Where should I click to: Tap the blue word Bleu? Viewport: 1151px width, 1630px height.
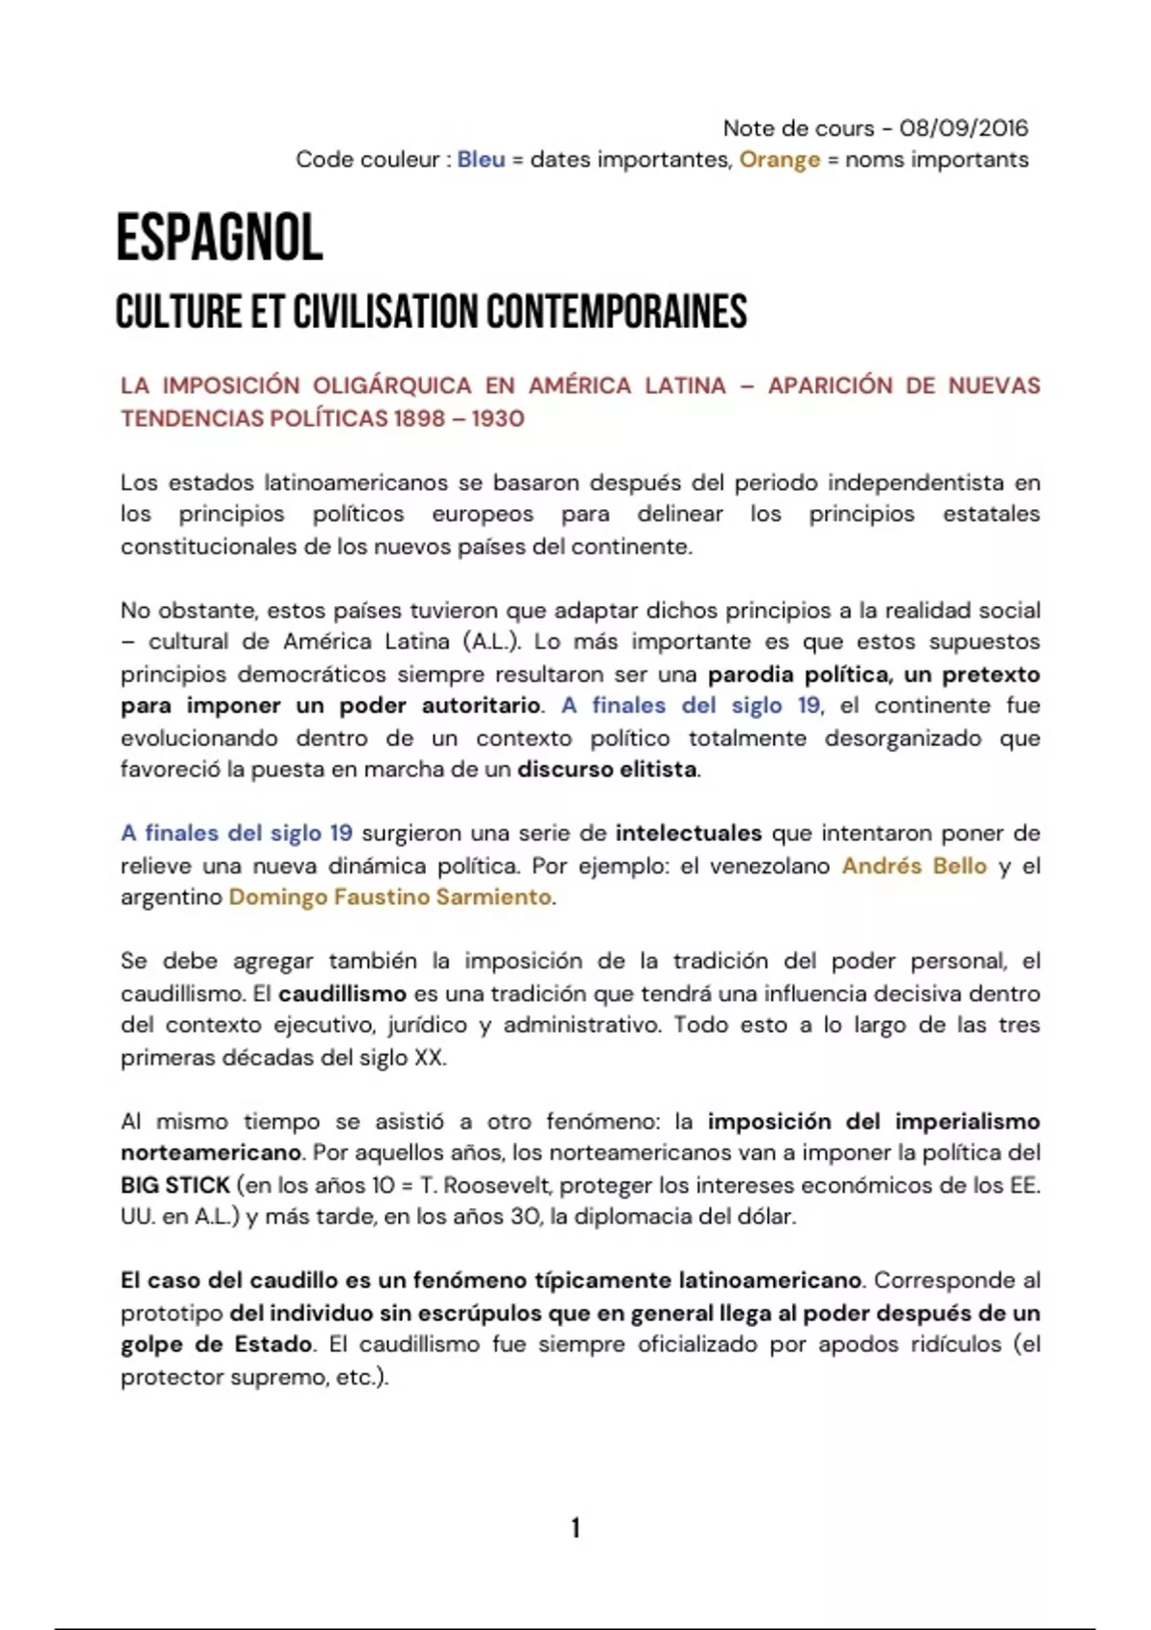click(481, 159)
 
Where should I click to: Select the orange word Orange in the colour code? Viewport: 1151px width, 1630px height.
click(779, 159)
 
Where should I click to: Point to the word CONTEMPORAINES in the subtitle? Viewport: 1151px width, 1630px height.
click(616, 312)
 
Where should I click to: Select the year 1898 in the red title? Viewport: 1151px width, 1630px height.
click(420, 418)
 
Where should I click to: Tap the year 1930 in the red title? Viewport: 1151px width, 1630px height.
click(498, 418)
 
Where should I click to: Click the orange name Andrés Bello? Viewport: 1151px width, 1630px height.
click(914, 866)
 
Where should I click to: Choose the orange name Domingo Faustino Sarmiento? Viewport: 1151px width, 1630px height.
click(390, 897)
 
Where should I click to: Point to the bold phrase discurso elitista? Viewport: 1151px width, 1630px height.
click(607, 769)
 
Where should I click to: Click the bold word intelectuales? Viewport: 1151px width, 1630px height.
click(689, 833)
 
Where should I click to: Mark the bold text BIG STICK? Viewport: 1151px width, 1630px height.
click(176, 1185)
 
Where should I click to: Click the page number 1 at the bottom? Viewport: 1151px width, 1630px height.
click(575, 1527)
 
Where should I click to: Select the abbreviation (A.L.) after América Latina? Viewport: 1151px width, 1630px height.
click(492, 641)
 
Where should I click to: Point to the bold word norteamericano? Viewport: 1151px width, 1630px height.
click(211, 1153)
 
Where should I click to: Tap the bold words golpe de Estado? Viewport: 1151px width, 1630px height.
click(217, 1344)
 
